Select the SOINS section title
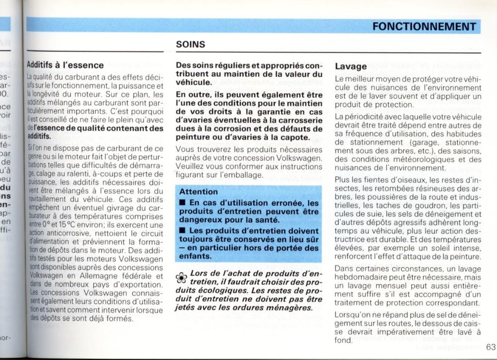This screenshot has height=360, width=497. pyautogui.click(x=190, y=45)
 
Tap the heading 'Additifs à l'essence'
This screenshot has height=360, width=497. pyautogui.click(x=65, y=65)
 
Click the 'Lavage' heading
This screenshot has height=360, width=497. pyautogui.click(x=350, y=66)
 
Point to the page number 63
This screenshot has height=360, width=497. pyautogui.click(x=490, y=346)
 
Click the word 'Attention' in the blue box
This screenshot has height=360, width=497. pyautogui.click(x=199, y=192)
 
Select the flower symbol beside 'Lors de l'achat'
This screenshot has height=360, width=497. pyautogui.click(x=181, y=278)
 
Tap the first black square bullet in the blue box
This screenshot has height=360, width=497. pyautogui.click(x=182, y=203)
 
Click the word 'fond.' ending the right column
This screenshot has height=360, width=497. pyautogui.click(x=344, y=341)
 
